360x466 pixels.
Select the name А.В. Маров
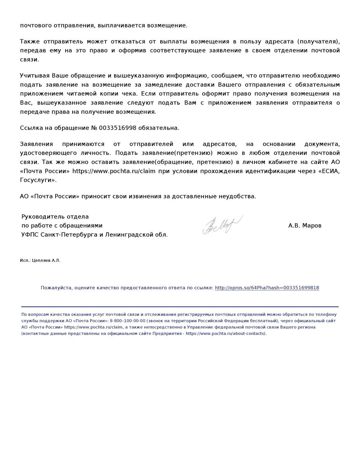305,225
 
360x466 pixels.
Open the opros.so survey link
267,288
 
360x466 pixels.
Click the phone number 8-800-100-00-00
128,321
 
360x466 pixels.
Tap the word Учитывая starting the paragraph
34,75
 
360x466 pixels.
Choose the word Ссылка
31,128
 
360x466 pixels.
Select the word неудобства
237,196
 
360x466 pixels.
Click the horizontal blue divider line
180,307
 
